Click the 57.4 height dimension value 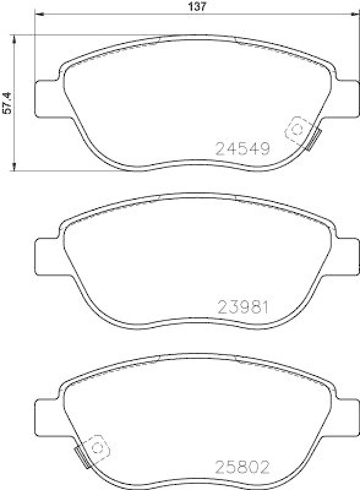(x=7, y=103)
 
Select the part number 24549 (x=242, y=148)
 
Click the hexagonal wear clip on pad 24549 (x=297, y=129)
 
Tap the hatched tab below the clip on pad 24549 (x=314, y=141)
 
